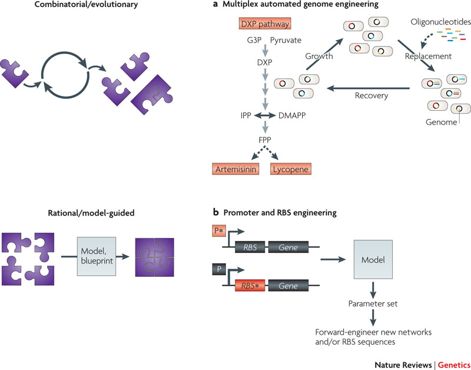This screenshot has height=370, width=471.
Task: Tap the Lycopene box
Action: click(290, 170)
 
